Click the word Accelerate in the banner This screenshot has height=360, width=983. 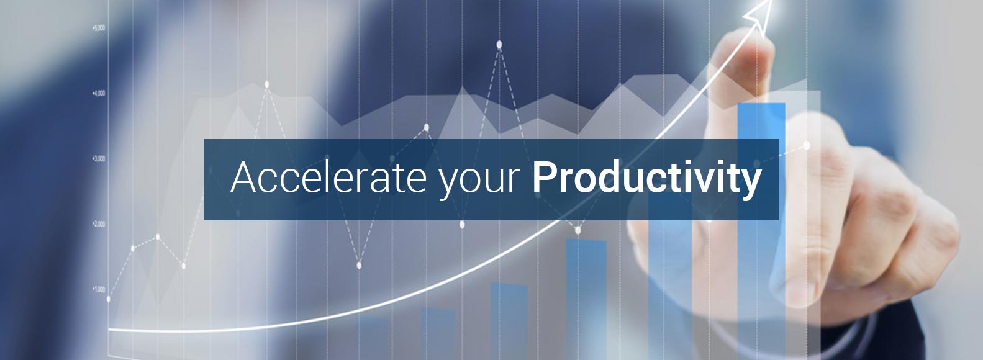[328, 177]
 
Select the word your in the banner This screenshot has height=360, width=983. [479, 181]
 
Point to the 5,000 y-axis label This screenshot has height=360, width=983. [99, 28]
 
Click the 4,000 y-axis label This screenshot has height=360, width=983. [99, 93]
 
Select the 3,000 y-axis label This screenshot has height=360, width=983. [99, 158]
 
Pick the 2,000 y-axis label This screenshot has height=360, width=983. [99, 224]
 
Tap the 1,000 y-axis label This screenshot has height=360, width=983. [99, 289]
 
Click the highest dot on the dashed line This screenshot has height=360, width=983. [499, 44]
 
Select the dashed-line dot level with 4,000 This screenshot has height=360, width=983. [267, 84]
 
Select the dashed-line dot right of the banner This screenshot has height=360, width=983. [806, 146]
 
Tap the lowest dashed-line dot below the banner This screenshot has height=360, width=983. [359, 265]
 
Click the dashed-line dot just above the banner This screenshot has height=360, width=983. [426, 128]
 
